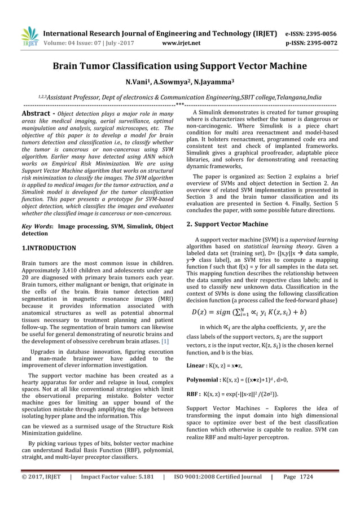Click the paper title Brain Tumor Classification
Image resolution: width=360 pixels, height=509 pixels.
point(179,66)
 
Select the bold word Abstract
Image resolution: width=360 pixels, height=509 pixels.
point(36,113)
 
